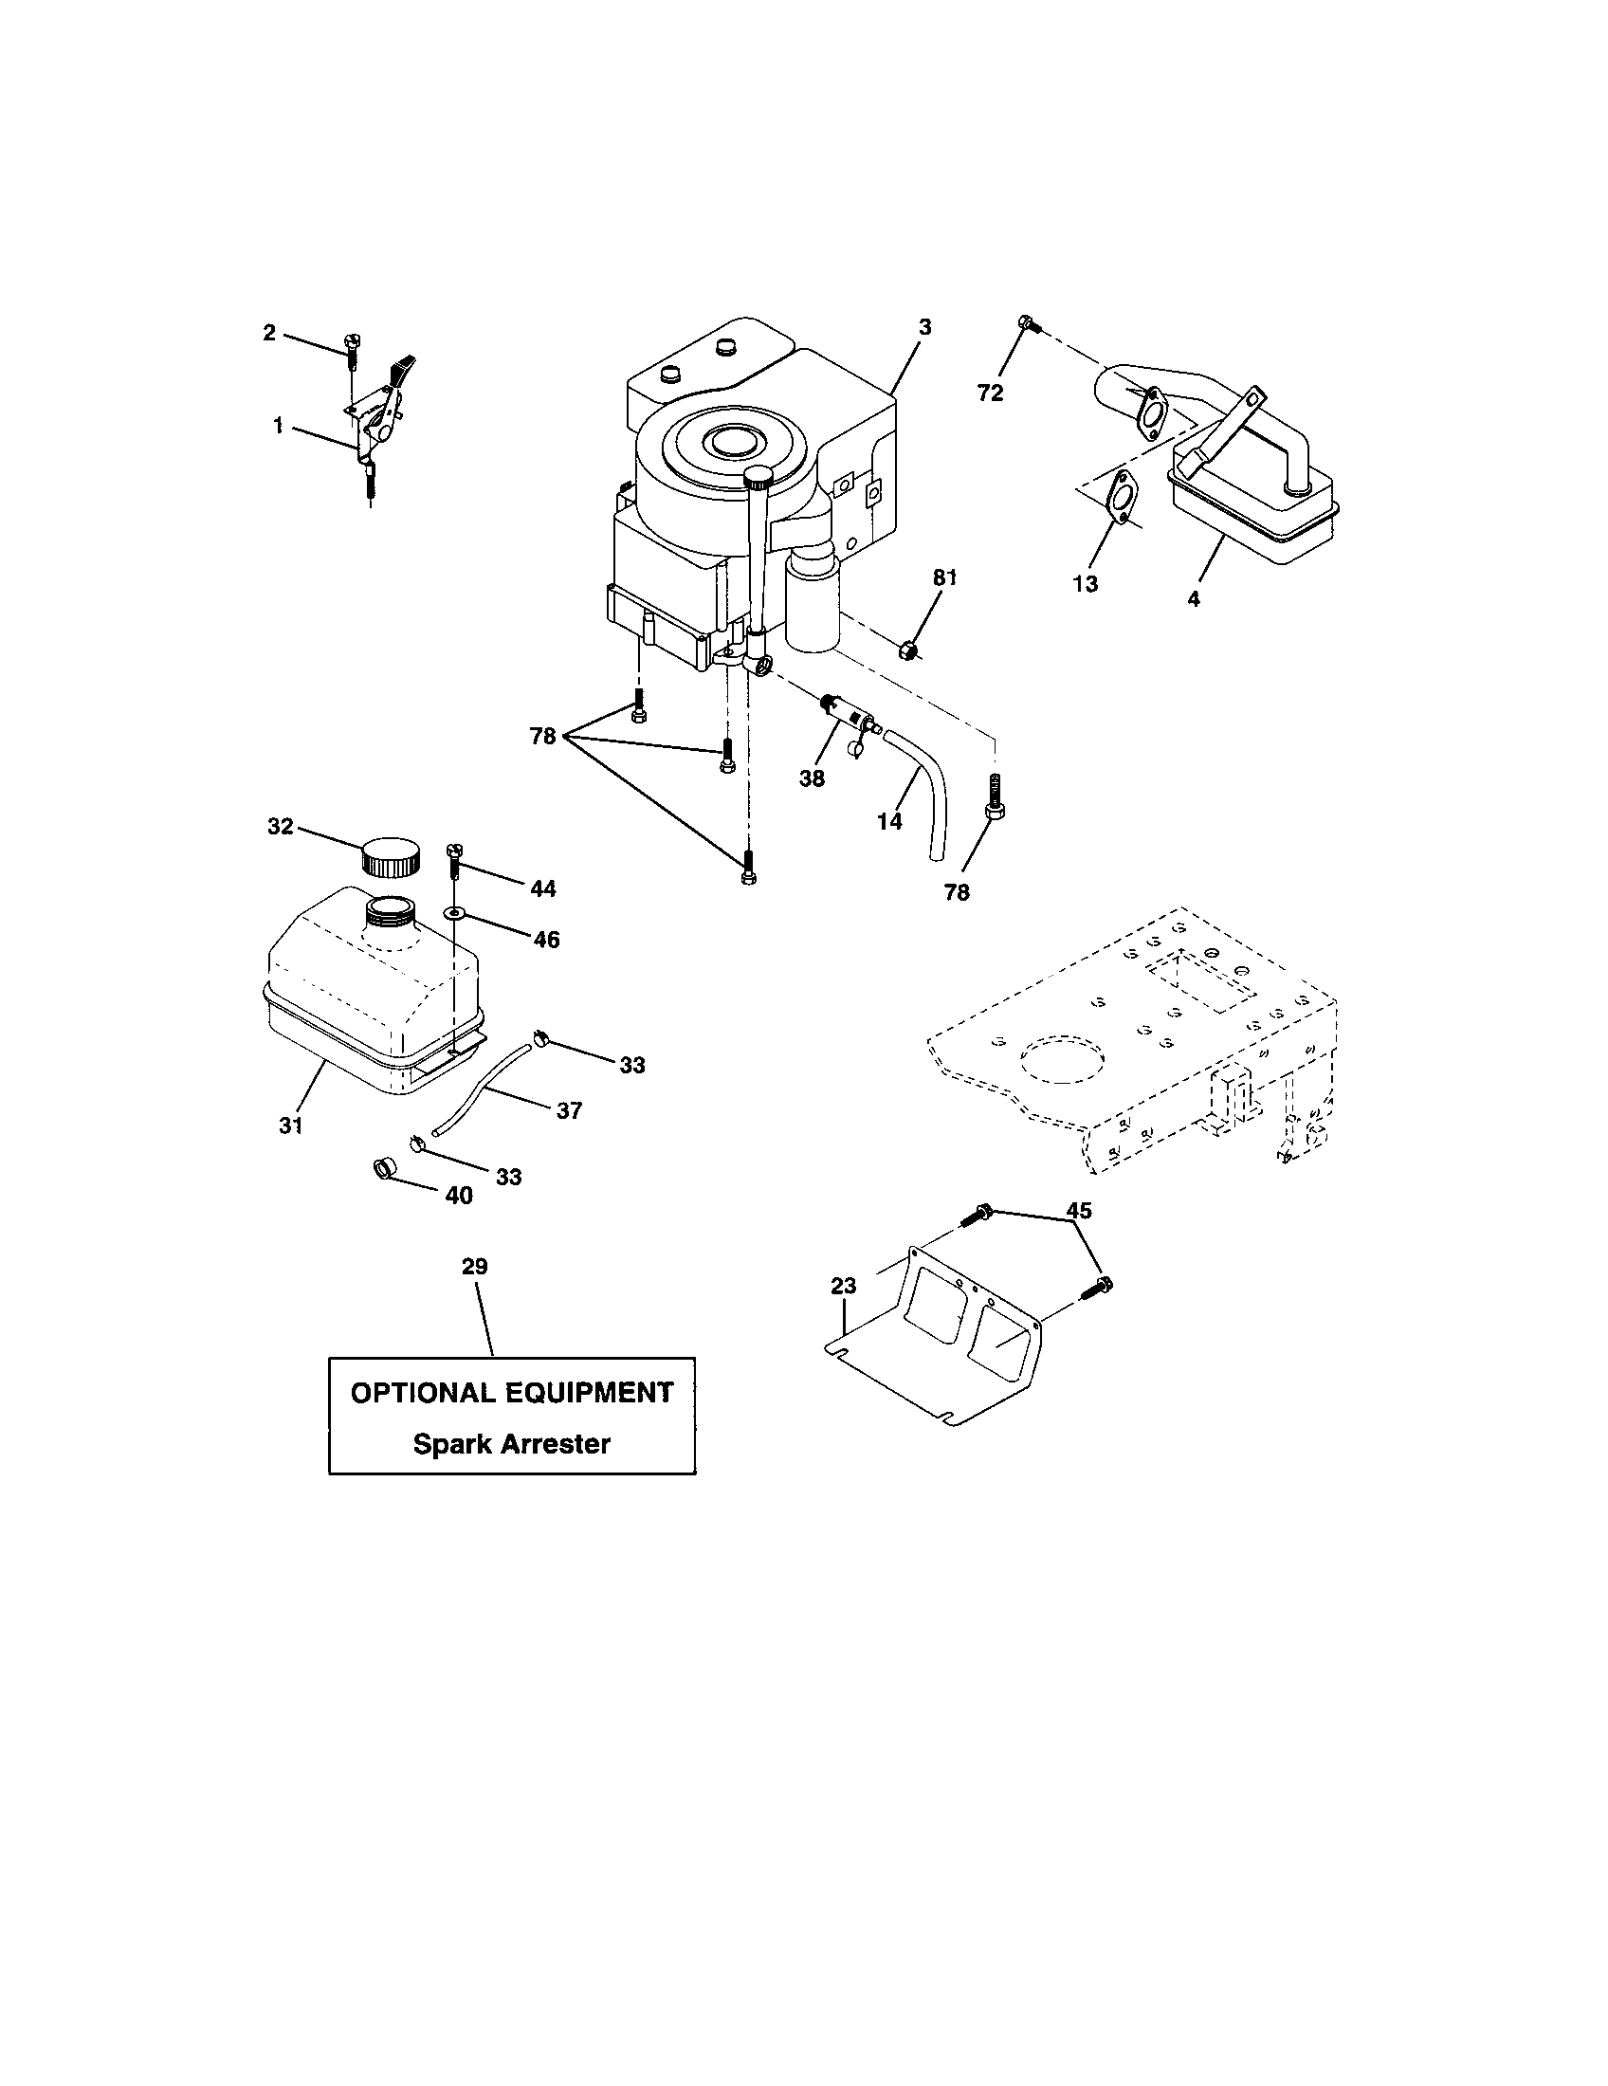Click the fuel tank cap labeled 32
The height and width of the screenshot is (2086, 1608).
pos(391,857)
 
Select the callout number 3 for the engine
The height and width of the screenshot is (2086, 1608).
pos(923,328)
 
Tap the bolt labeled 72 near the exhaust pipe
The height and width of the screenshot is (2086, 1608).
pos(1027,324)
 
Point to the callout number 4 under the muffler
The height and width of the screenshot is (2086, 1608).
pos(1194,599)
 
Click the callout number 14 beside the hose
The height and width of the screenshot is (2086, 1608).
pos(889,820)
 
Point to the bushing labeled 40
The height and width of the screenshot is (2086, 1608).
pos(385,1167)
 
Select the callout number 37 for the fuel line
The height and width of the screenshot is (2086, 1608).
pos(569,1110)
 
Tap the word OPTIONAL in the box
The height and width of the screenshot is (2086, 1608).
pos(419,1392)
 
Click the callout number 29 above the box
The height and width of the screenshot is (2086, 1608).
pos(475,1267)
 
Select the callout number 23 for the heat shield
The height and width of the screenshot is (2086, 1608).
pos(844,1286)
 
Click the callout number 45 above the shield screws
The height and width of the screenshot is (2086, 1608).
pos(1079,1210)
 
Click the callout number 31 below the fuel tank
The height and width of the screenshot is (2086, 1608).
pos(291,1125)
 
